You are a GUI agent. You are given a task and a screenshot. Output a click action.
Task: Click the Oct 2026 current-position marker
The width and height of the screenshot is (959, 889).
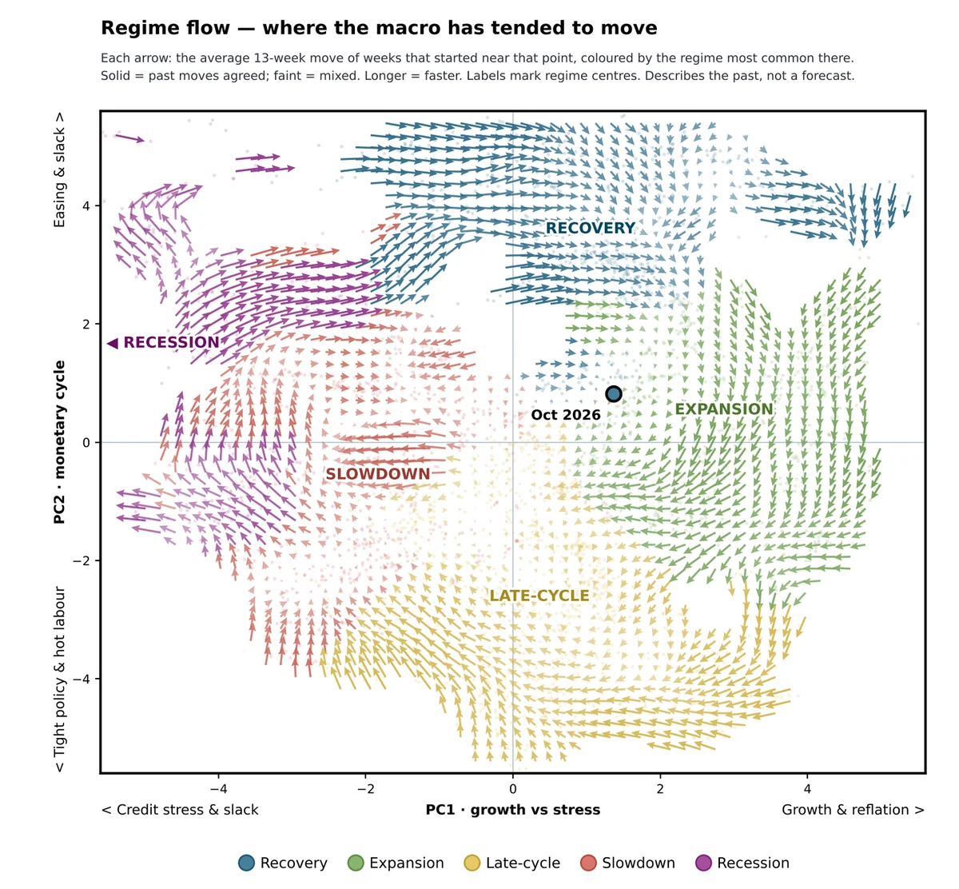coord(613,394)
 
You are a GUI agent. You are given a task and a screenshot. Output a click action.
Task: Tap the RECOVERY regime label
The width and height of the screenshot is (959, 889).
coord(590,228)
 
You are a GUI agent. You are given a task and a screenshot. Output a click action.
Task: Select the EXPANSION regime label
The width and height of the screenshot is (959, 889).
coord(724,409)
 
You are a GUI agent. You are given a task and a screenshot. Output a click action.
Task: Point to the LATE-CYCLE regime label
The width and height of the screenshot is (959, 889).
coord(539,596)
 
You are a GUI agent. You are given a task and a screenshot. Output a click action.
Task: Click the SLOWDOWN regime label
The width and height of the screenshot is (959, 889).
coord(378,474)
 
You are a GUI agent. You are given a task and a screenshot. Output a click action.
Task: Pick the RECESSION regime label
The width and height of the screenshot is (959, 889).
coord(172,342)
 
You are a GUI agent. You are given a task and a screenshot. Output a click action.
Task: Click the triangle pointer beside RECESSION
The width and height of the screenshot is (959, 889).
coord(112,343)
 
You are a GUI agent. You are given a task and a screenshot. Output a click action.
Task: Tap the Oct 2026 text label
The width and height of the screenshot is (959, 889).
coord(566,415)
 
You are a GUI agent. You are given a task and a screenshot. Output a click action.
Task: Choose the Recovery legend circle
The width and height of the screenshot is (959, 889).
coord(246,863)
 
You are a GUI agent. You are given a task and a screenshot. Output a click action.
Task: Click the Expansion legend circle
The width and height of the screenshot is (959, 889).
coord(356,863)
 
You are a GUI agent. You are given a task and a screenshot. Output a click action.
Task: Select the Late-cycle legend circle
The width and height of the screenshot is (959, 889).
coord(472,863)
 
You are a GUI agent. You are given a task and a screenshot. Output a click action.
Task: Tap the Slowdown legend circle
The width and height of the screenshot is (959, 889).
coord(588,863)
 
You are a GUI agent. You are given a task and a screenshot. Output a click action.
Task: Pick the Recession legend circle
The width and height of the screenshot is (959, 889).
coord(703,863)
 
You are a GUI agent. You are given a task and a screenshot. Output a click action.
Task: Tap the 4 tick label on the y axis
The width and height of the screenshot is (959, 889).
coord(86,205)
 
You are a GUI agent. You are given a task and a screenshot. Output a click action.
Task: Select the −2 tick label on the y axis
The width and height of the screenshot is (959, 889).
coord(82,560)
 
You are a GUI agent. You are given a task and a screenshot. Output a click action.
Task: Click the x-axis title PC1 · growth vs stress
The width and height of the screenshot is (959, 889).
coord(513,810)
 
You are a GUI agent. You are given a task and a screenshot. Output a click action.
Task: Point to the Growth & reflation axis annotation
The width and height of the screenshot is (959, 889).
coord(853,810)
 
